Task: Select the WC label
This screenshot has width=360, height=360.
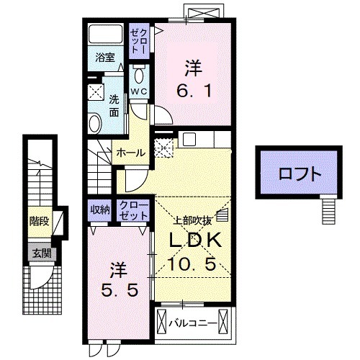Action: [x=138, y=91]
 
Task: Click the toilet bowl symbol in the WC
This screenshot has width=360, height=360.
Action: [x=139, y=76]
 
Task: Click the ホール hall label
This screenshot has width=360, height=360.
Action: [x=132, y=153]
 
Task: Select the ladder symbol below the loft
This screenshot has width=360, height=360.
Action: [x=328, y=210]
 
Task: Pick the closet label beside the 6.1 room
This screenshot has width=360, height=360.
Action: [x=138, y=40]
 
